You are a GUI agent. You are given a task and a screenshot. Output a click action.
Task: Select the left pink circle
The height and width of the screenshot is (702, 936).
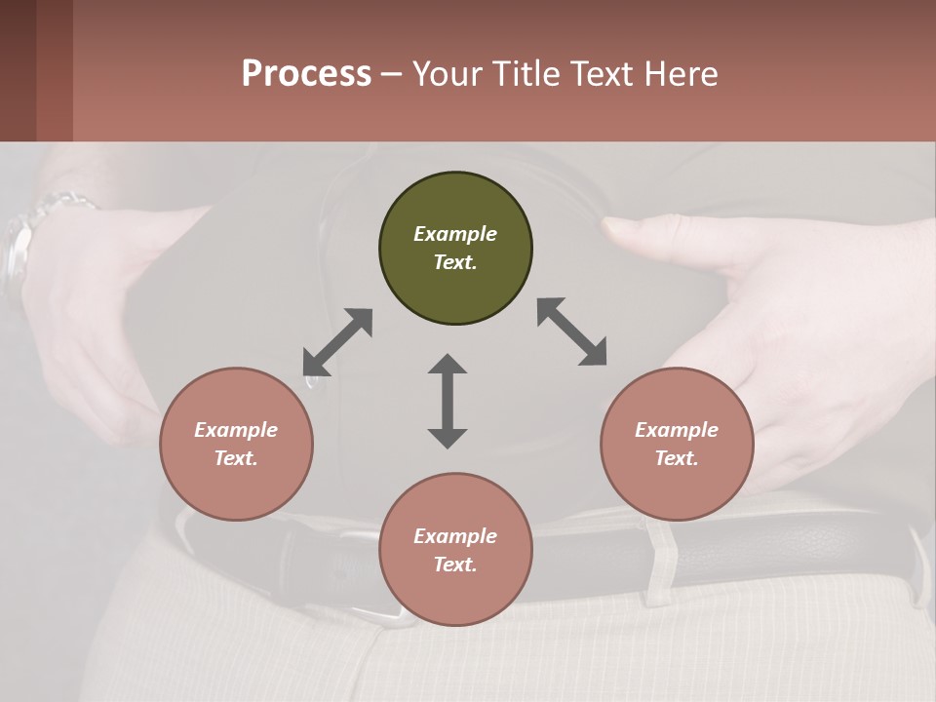click(236, 444)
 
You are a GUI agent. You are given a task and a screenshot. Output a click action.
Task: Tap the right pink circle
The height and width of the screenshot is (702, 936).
click(677, 444)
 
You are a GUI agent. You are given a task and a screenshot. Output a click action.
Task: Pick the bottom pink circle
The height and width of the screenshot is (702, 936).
click(455, 550)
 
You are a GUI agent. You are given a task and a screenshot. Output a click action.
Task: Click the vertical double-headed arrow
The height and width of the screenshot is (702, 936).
click(448, 401)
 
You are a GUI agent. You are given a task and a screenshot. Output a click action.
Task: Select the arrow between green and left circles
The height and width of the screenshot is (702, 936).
click(337, 342)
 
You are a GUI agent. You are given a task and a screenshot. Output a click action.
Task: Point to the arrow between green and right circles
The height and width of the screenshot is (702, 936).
click(571, 331)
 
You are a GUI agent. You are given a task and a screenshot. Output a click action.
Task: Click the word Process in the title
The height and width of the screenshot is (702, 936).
click(306, 73)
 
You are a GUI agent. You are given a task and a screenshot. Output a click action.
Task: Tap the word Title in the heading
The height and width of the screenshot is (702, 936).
click(523, 73)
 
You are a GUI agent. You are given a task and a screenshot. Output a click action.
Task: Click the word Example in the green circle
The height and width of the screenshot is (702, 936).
click(455, 234)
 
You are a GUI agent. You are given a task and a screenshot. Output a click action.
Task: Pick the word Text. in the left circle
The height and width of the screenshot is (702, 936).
click(236, 458)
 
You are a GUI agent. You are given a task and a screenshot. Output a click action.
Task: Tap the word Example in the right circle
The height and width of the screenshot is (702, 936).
click(677, 430)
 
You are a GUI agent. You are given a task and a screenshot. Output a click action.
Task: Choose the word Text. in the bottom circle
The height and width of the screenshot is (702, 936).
click(455, 565)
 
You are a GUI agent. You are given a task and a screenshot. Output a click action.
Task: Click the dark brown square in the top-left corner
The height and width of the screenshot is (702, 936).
click(18, 70)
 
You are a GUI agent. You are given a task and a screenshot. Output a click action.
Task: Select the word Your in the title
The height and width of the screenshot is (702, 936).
click(446, 73)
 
